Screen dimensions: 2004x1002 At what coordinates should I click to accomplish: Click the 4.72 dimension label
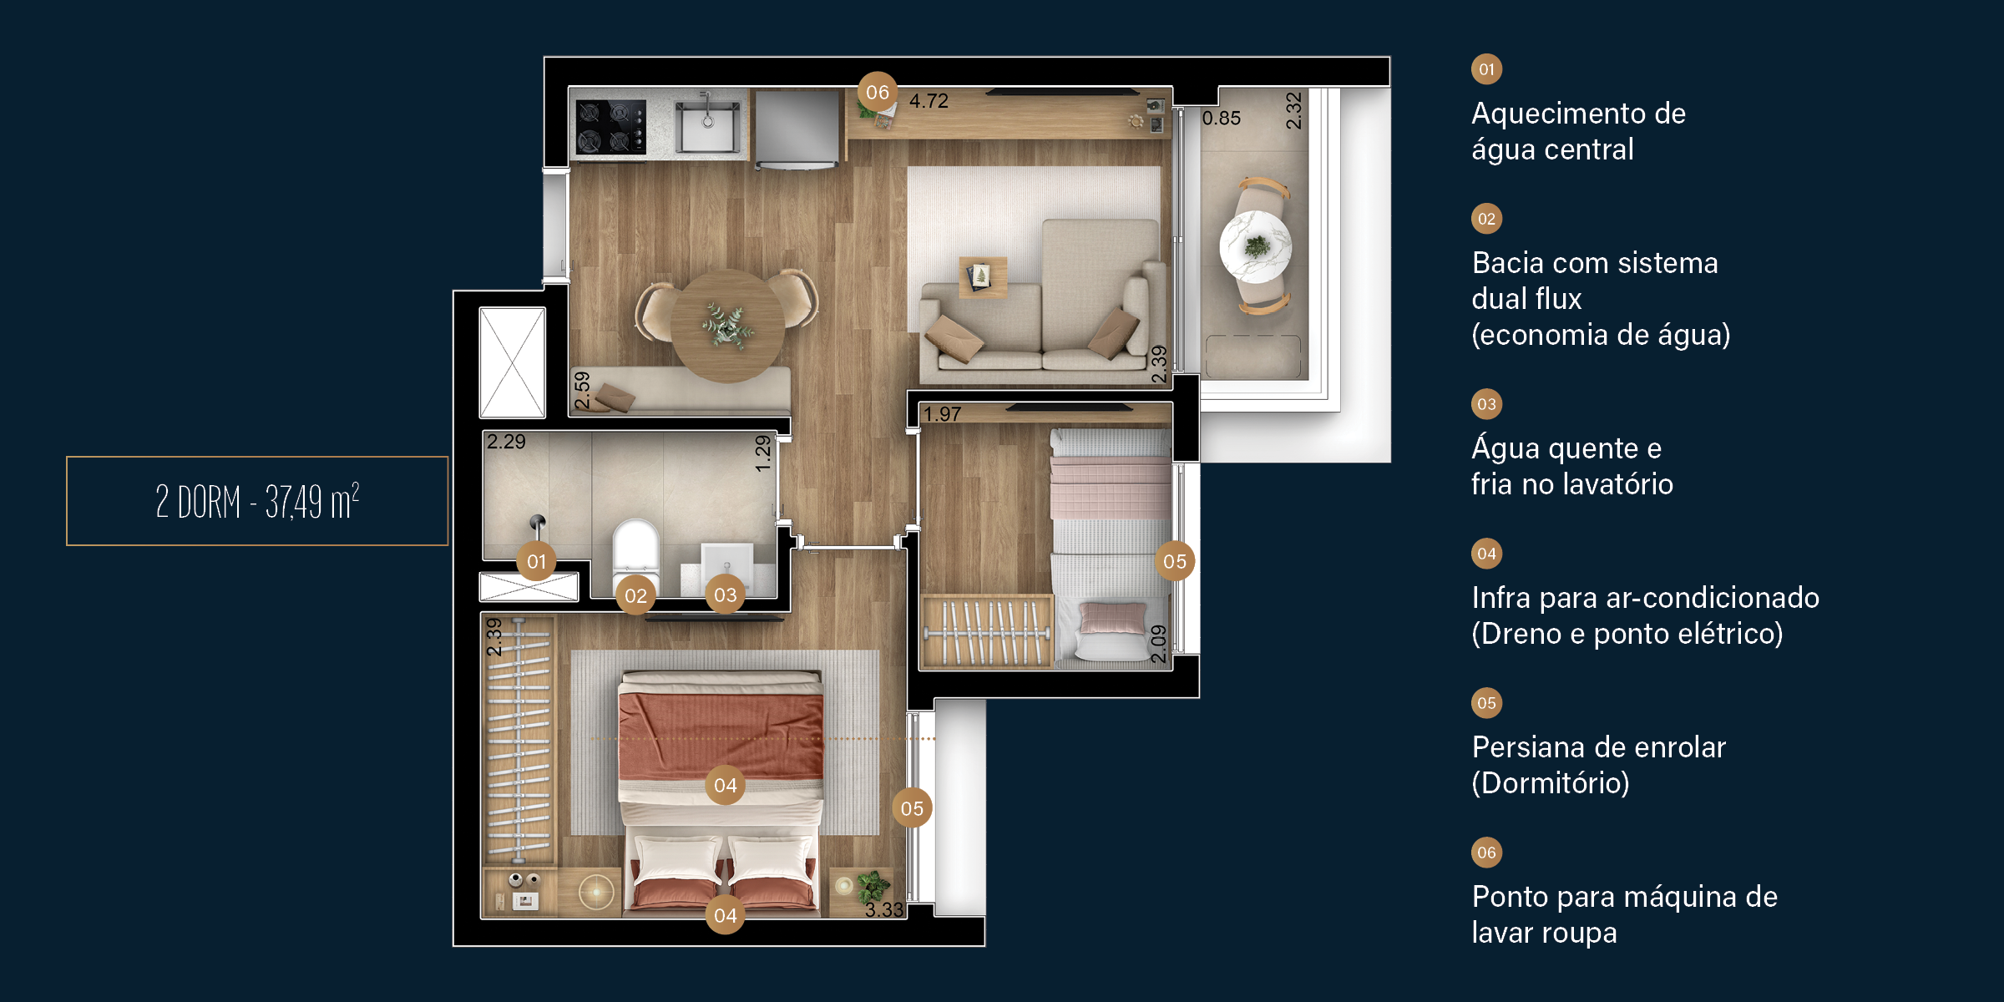tap(929, 101)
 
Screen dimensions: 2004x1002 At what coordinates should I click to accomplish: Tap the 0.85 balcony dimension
tap(1221, 119)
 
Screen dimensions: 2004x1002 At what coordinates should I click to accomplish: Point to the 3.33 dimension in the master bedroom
tap(884, 909)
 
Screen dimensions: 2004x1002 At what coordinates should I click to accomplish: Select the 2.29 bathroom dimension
tap(506, 442)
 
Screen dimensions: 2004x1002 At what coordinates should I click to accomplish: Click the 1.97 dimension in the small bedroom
tap(942, 414)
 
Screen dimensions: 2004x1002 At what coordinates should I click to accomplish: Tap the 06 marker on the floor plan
tap(878, 92)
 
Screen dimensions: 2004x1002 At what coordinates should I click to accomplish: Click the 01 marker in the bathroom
tap(536, 561)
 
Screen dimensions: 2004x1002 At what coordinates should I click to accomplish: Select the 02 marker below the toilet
tap(635, 595)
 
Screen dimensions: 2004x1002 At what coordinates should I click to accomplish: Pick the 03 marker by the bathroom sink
tap(725, 595)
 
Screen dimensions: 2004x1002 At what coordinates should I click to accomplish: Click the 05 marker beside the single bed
tap(1174, 561)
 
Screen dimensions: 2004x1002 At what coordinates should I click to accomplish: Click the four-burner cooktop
tap(611, 127)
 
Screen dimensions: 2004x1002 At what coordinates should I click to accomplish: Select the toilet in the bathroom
tap(636, 551)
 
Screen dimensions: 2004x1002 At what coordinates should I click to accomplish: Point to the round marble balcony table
tap(1256, 247)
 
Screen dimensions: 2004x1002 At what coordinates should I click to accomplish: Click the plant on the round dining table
tap(726, 325)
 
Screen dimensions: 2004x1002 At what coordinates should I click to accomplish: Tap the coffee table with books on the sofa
tap(983, 276)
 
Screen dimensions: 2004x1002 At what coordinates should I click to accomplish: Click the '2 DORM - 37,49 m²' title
tap(257, 501)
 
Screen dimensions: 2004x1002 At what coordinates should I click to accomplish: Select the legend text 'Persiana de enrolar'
tap(1598, 747)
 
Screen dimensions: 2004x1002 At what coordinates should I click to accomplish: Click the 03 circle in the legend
tap(1486, 404)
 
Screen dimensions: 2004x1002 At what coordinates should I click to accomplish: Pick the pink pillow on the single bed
tap(1112, 619)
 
